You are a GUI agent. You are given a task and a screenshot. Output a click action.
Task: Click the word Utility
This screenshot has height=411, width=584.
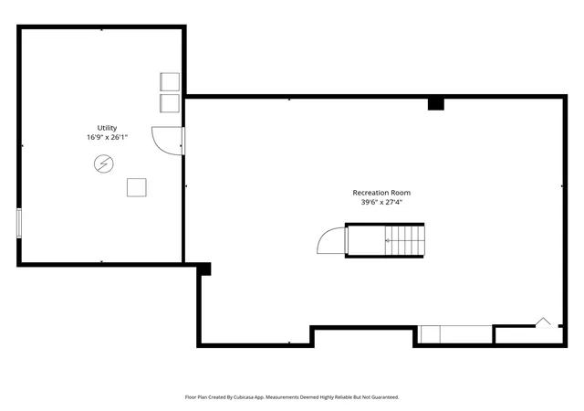[107, 128]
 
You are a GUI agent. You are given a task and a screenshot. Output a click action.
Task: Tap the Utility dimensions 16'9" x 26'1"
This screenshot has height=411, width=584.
[108, 137]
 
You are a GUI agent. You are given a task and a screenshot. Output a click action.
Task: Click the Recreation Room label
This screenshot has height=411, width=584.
[381, 193]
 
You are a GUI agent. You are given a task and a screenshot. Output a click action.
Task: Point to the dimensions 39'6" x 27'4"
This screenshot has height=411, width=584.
[381, 202]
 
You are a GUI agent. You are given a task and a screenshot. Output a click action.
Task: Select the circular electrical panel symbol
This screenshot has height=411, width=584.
[103, 163]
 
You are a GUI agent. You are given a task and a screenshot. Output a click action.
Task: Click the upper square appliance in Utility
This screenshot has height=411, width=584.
[170, 81]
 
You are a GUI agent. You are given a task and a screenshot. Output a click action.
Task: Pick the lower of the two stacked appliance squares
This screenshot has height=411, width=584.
[170, 103]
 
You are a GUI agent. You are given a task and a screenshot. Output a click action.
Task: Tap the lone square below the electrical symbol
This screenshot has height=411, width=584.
[137, 187]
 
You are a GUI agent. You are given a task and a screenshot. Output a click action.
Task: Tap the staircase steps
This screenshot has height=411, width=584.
[405, 240]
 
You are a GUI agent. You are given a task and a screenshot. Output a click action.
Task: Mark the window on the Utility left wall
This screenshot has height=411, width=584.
[19, 223]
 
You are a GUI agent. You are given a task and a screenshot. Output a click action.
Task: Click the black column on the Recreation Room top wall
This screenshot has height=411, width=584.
[436, 103]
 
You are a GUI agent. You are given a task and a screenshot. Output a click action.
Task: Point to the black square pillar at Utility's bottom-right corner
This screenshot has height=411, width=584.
[203, 269]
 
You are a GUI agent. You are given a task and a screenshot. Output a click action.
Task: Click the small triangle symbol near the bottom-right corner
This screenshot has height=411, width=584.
[543, 322]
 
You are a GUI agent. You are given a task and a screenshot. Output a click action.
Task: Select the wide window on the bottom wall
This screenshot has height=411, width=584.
[454, 334]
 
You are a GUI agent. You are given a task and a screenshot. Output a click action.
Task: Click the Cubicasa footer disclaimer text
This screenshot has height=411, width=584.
[292, 397]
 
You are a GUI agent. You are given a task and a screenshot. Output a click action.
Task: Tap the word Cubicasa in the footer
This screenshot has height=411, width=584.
[244, 397]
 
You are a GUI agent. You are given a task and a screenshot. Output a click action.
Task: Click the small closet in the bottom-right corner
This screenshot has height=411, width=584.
[529, 335]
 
